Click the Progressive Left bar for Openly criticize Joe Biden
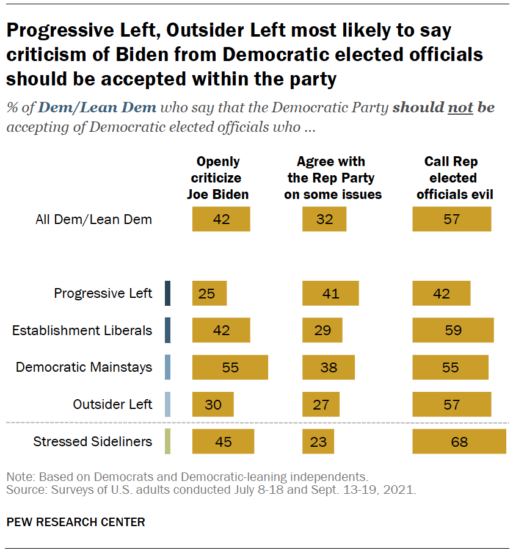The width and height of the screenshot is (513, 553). click(x=209, y=294)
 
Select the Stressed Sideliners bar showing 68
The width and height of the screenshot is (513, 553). click(x=459, y=441)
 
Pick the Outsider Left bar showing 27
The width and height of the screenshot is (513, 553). click(x=321, y=404)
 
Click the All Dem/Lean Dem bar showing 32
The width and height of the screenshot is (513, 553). click(x=324, y=219)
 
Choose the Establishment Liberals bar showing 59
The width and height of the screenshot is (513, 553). click(x=453, y=330)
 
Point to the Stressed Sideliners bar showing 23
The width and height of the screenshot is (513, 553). click(x=319, y=441)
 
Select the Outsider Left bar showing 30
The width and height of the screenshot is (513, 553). click(x=213, y=404)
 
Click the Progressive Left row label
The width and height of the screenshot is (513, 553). click(x=103, y=294)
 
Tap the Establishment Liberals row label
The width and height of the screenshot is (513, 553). click(x=82, y=330)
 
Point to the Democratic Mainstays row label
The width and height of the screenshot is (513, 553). click(x=84, y=367)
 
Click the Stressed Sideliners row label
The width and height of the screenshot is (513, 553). click(x=93, y=441)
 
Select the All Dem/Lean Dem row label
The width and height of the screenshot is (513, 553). click(x=93, y=219)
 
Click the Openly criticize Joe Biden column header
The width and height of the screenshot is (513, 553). click(x=217, y=178)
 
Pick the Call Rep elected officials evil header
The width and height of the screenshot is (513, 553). click(x=452, y=178)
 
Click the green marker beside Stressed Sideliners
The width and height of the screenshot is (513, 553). click(x=167, y=441)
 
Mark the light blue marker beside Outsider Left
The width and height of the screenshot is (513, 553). click(x=167, y=404)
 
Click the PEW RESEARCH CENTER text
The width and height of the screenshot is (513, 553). click(x=76, y=522)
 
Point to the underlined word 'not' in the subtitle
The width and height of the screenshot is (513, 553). click(x=461, y=108)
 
